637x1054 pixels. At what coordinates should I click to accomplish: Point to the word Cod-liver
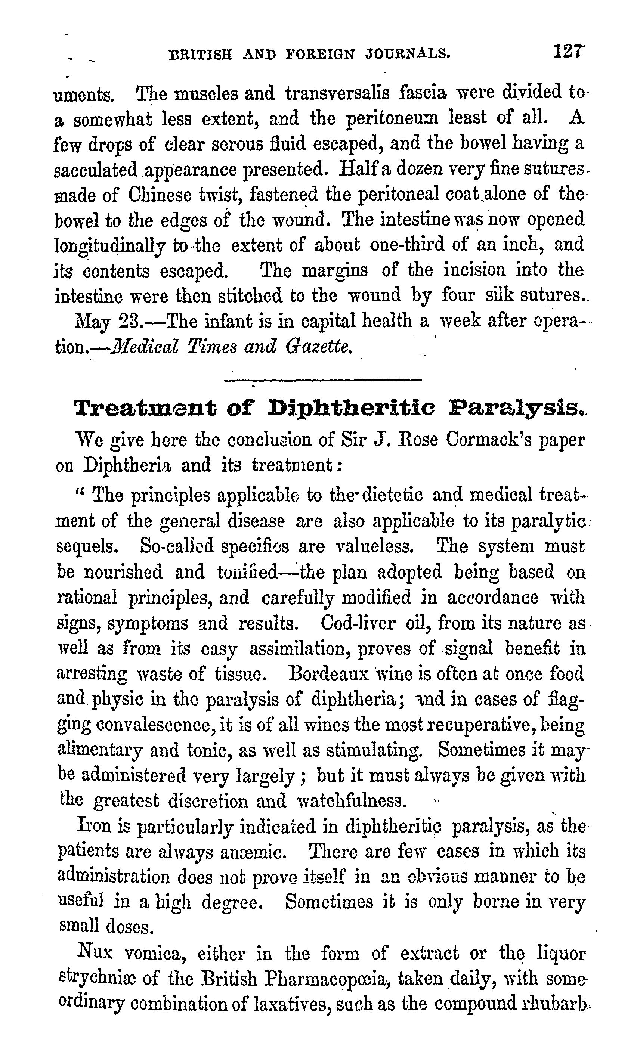click(357, 623)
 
